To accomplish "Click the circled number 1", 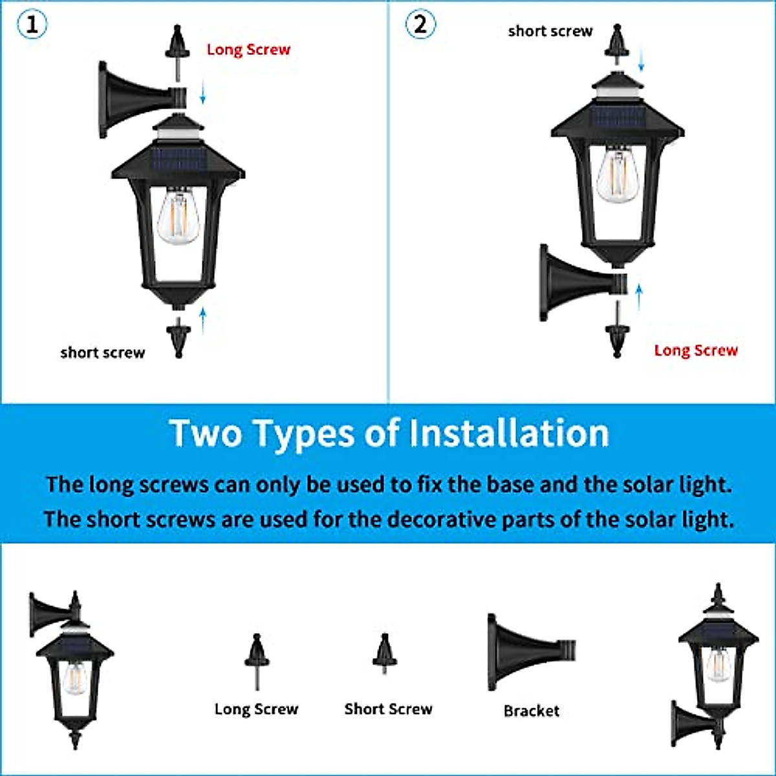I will [x=32, y=25].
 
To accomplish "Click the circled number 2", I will [x=420, y=25].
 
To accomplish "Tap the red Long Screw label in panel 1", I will [x=248, y=50].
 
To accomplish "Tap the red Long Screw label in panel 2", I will [x=696, y=350].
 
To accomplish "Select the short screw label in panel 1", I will [x=103, y=352].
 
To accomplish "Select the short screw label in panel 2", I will [x=550, y=31].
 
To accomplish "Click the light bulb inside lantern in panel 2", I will [x=617, y=175].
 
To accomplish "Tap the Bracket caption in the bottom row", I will [x=531, y=711].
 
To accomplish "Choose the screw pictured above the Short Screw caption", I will [x=385, y=653].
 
